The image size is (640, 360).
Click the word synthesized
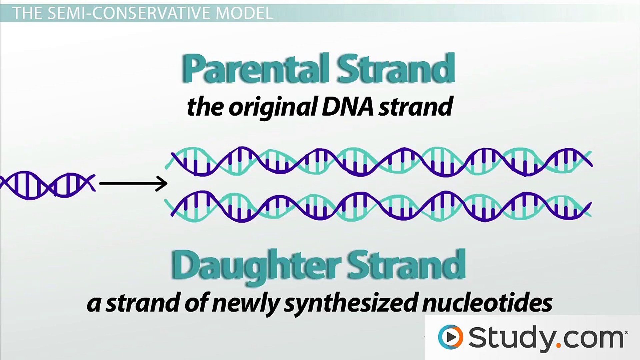click(x=350, y=303)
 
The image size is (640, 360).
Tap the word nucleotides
click(x=487, y=303)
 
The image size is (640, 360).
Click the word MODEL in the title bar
click(x=244, y=13)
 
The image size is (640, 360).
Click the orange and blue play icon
click(x=450, y=337)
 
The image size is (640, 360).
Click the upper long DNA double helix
click(x=380, y=162)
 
